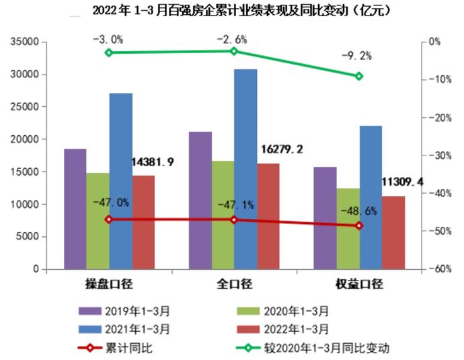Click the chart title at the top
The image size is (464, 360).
coord(232,11)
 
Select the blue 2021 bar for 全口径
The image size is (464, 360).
coord(245,168)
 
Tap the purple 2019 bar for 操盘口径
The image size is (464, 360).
coord(75,209)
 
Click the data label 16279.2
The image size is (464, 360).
coord(280,149)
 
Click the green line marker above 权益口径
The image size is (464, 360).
coord(359,76)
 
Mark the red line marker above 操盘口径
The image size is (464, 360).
coord(109,219)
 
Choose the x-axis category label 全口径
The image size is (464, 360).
coord(234,284)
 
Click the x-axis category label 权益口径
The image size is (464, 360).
coord(359,284)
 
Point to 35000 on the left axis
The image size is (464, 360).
coord(25,42)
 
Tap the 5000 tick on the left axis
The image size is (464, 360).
coord(28,237)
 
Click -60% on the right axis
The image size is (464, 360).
coord(440,269)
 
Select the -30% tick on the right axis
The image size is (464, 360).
coord(440,155)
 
